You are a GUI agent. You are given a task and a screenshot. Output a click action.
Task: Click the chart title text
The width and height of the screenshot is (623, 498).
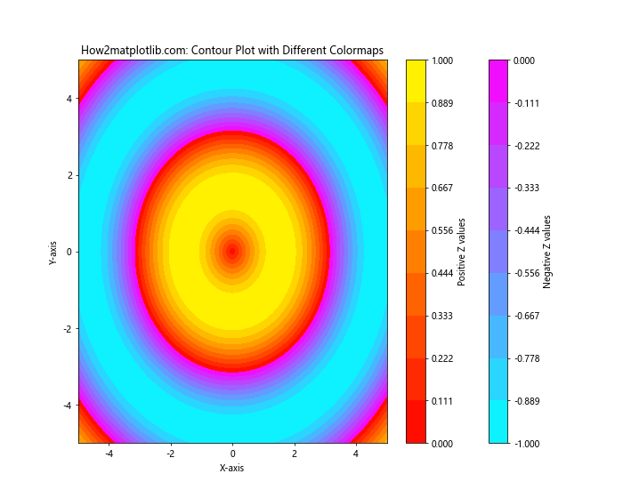(x=232, y=51)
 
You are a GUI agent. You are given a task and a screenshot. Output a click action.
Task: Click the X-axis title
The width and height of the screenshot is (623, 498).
(x=232, y=468)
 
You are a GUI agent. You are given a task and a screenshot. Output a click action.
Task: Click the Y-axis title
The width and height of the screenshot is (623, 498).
(x=53, y=252)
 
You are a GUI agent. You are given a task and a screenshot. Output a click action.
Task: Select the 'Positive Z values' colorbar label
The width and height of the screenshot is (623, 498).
(x=462, y=252)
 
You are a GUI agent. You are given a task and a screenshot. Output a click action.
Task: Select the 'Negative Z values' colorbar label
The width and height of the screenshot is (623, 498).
(x=547, y=252)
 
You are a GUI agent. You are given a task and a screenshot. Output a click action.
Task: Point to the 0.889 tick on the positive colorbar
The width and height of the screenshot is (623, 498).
(x=442, y=103)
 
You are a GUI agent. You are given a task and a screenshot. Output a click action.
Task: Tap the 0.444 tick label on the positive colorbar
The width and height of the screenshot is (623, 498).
(x=442, y=273)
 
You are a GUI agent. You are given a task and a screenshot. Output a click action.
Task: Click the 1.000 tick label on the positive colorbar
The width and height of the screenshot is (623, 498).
(x=442, y=60)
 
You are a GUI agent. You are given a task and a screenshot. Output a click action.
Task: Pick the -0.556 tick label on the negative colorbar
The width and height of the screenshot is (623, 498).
(x=528, y=273)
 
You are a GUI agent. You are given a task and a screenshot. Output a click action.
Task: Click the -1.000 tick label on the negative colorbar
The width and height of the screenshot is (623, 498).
(x=528, y=443)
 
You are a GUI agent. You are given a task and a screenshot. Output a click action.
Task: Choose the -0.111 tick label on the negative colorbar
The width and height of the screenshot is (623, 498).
(x=528, y=103)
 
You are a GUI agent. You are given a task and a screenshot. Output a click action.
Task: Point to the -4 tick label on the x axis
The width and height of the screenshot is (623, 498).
(x=109, y=454)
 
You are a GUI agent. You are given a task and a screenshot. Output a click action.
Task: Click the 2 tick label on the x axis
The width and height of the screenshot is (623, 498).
(x=295, y=454)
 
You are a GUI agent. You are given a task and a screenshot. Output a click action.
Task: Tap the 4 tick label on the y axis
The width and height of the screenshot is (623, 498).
(x=68, y=99)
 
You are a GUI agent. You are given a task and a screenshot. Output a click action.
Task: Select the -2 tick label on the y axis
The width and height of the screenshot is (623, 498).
(x=65, y=328)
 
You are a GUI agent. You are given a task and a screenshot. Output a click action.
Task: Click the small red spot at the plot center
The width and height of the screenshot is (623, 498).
(x=232, y=252)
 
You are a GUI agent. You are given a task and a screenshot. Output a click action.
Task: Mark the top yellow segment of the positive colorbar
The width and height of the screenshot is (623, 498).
(x=416, y=81)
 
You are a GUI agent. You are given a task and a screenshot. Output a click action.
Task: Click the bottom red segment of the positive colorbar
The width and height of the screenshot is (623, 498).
(x=416, y=422)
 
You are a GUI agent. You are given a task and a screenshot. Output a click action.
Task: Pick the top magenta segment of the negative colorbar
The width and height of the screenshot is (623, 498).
(x=499, y=81)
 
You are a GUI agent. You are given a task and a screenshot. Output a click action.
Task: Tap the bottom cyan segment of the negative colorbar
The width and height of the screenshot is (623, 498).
(x=499, y=422)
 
